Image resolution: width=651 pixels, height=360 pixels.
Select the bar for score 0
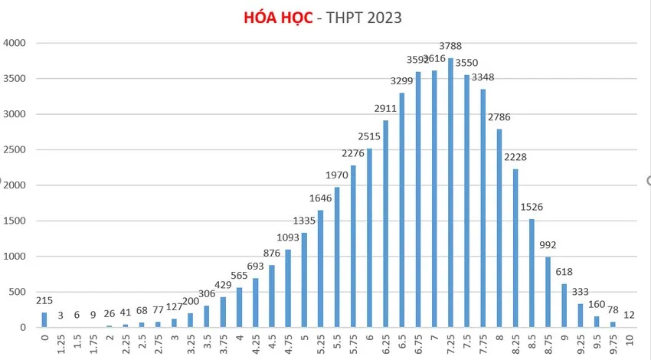(x=44, y=320)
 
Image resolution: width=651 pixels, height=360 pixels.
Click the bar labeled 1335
(x=304, y=280)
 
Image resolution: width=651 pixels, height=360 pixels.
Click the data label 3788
(x=450, y=47)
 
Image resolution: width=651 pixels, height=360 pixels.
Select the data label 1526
(x=532, y=207)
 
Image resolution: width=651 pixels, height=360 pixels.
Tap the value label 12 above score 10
(x=630, y=316)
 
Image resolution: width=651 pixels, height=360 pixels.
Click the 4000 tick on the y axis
(x=15, y=43)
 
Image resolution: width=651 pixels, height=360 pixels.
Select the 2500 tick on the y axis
(x=15, y=149)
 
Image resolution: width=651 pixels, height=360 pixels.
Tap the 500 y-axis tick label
(x=18, y=292)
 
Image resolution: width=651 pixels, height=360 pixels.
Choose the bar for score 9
(x=565, y=306)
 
